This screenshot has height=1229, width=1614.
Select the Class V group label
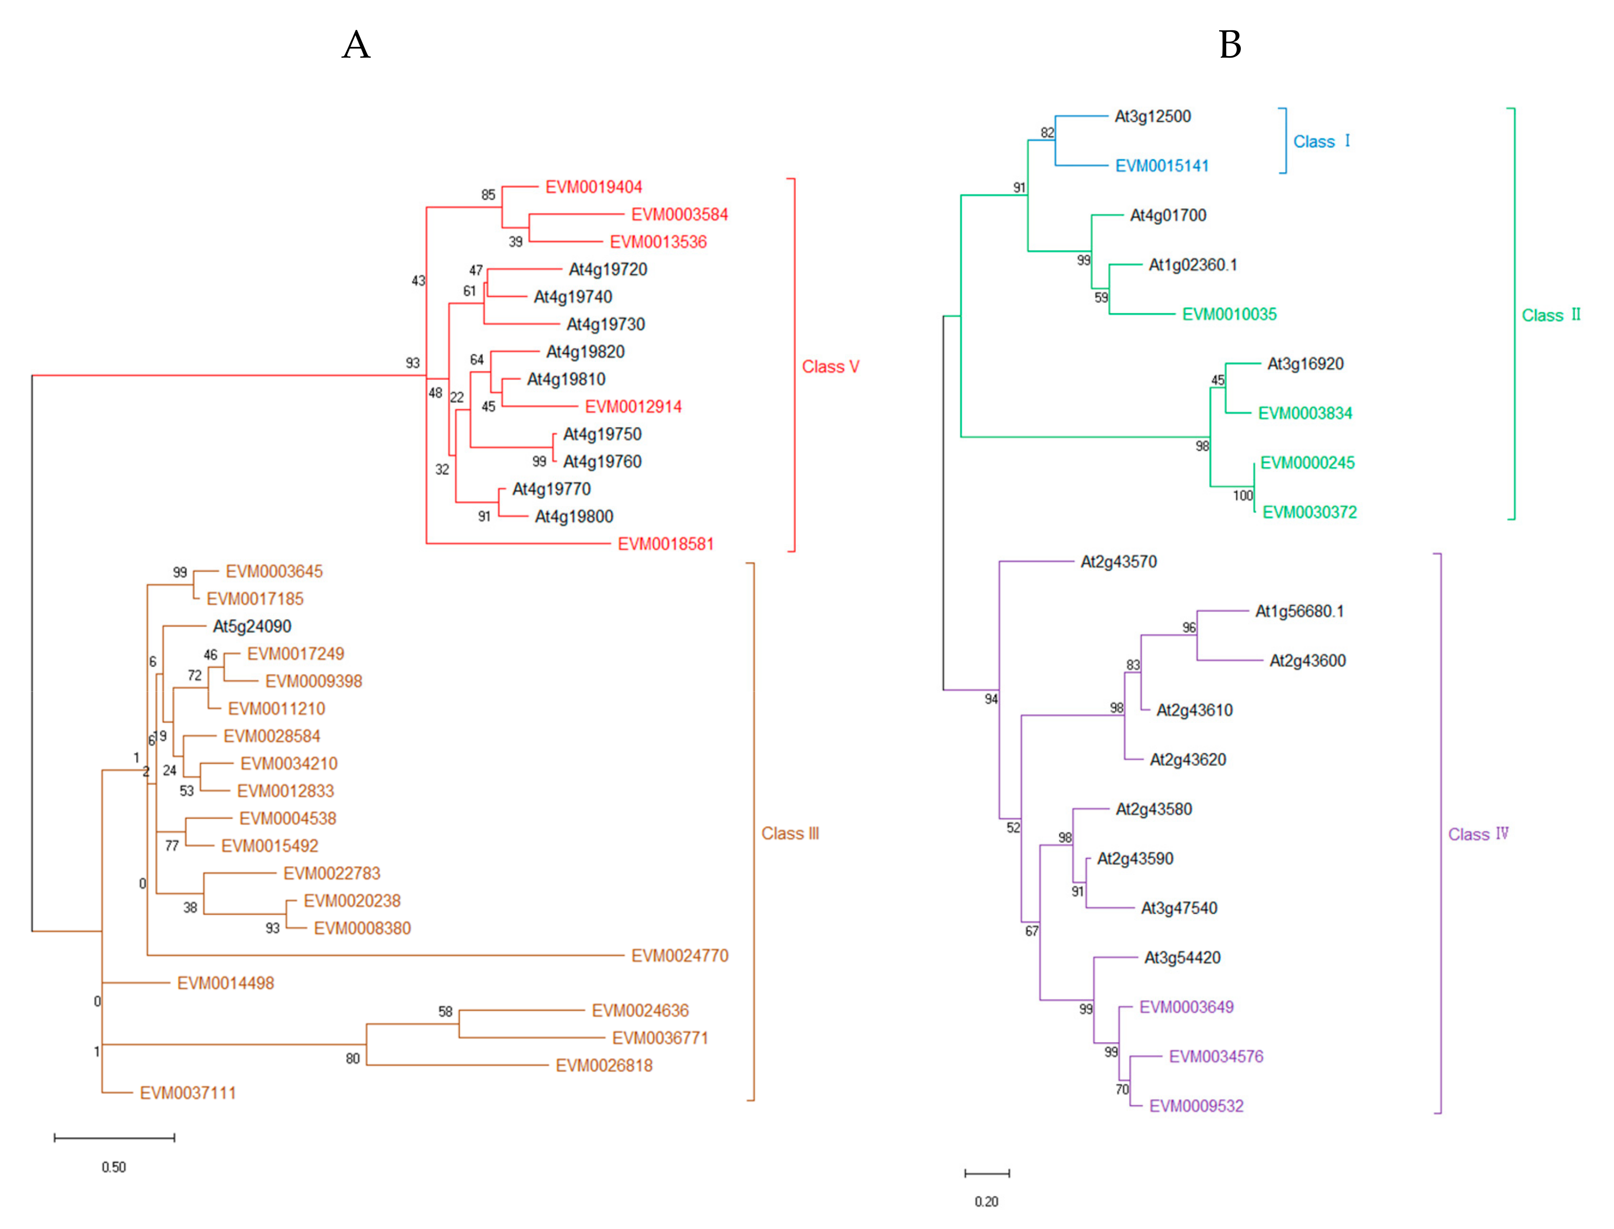pos(830,366)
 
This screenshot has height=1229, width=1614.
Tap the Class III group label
pos(790,833)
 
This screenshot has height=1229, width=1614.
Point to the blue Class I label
pos(1321,141)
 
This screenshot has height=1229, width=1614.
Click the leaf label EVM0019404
pos(594,187)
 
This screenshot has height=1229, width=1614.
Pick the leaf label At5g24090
pos(252,626)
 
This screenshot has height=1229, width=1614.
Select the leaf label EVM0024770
pos(679,956)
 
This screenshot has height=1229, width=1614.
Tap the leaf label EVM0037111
pos(188,1093)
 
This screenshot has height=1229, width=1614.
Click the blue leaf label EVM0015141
pos(1161,166)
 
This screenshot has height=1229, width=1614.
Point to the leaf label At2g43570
pos(1118,562)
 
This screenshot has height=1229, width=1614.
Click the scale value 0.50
pos(113,1167)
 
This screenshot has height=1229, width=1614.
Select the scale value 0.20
pos(986,1202)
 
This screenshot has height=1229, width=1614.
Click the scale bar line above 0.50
pos(114,1138)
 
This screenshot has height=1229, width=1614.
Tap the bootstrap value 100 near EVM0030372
pos(1243,495)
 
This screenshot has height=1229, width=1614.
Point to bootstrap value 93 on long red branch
pos(413,363)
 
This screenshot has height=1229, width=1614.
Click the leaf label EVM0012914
pos(633,407)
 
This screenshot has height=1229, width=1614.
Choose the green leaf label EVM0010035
pos(1229,314)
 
